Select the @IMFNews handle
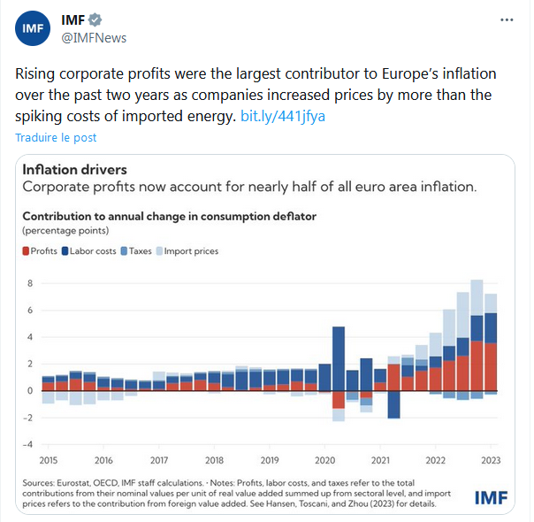click(93, 37)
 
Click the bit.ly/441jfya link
click(283, 116)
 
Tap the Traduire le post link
click(56, 137)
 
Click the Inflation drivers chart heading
click(74, 170)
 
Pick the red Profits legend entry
click(40, 251)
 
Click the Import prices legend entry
click(186, 251)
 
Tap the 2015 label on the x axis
click(50, 461)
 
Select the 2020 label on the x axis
click(324, 461)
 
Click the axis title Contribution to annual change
click(169, 216)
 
